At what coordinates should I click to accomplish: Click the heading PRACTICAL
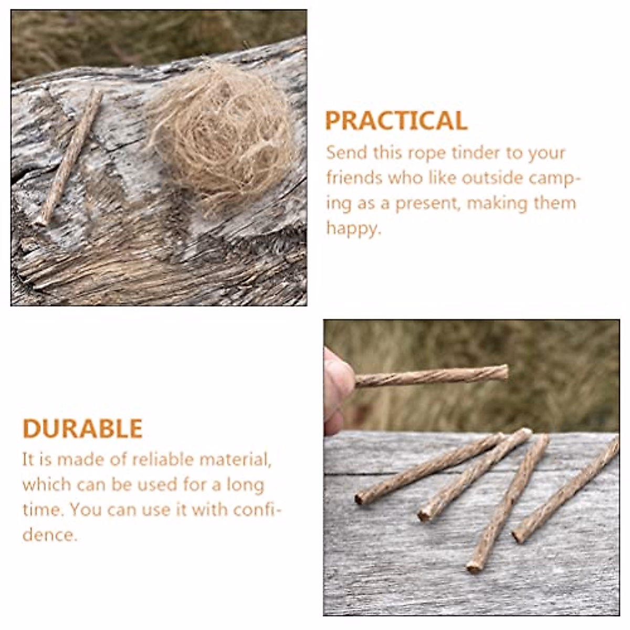coord(396,121)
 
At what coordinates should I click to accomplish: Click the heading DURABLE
coord(82,429)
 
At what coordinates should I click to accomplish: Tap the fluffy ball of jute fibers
coord(220,134)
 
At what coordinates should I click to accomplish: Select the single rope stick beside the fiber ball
coord(68,157)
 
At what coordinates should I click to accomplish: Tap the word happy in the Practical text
coord(352,229)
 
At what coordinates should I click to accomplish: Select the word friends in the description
coord(354,178)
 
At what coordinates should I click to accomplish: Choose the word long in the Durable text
coord(245,485)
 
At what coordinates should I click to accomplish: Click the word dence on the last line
coord(49,535)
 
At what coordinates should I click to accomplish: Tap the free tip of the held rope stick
coord(504,372)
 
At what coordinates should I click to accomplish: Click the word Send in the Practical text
coord(346,153)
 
